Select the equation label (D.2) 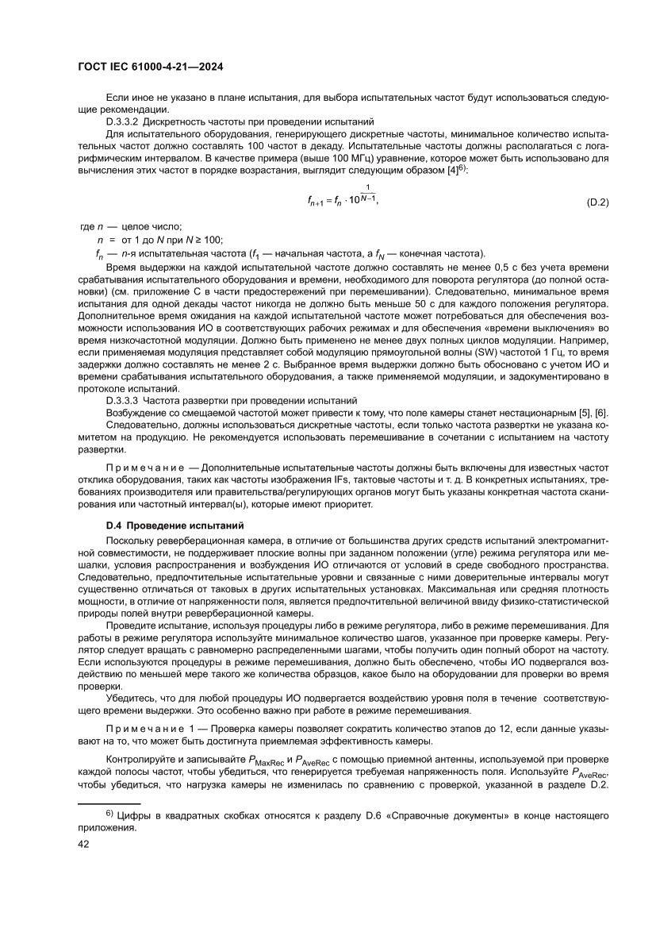pos(597,202)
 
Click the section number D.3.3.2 pos(123,122)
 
